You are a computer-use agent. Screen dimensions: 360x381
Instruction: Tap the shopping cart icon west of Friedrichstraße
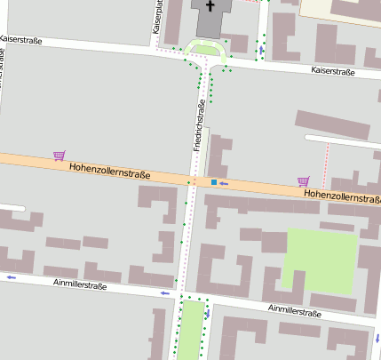pyautogui.click(x=60, y=156)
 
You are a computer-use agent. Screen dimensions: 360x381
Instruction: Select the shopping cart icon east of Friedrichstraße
pyautogui.click(x=304, y=180)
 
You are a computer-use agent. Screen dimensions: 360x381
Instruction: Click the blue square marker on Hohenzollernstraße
pyautogui.click(x=214, y=182)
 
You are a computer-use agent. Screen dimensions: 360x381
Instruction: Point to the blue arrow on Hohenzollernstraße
pyautogui.click(x=225, y=183)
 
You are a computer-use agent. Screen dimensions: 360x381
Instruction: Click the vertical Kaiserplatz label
pyautogui.click(x=158, y=17)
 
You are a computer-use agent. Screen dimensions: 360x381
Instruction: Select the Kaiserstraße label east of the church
pyautogui.click(x=333, y=70)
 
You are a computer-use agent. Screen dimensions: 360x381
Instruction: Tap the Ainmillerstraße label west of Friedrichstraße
pyautogui.click(x=80, y=285)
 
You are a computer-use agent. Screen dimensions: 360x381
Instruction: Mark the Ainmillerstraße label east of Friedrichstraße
pyautogui.click(x=294, y=312)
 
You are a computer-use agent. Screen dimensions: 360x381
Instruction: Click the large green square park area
pyautogui.click(x=320, y=261)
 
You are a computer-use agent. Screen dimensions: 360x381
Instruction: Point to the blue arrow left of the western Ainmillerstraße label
pyautogui.click(x=12, y=277)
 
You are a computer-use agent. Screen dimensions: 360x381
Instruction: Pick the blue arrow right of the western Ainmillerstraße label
pyautogui.click(x=165, y=292)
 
